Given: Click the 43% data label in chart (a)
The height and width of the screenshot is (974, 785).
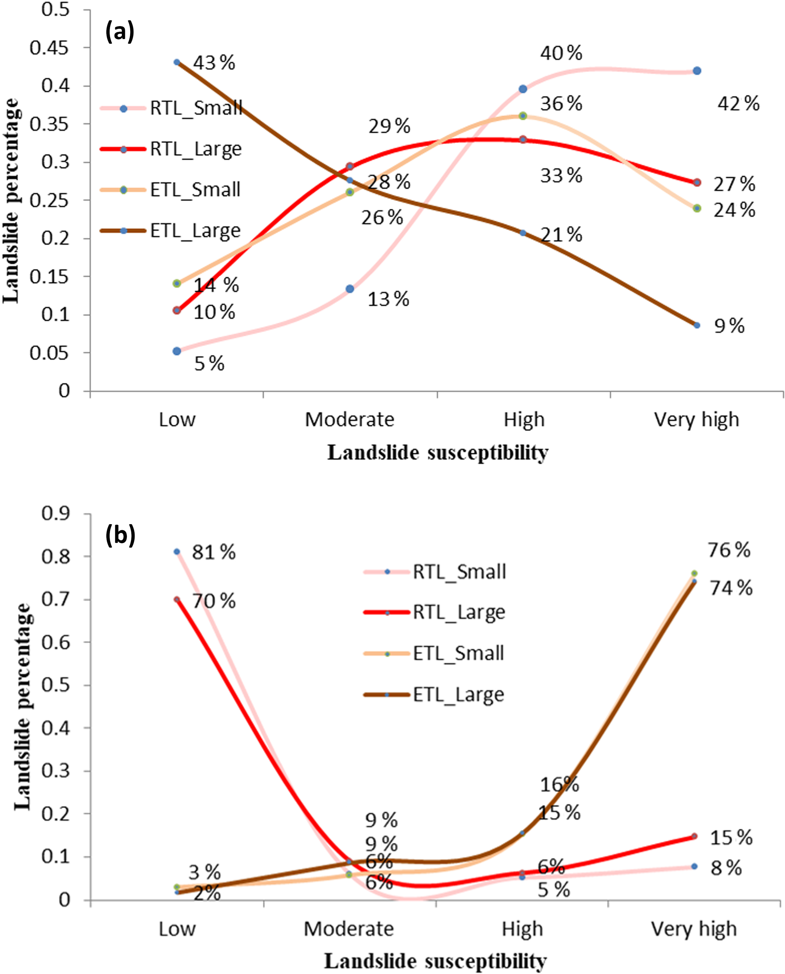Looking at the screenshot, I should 214,63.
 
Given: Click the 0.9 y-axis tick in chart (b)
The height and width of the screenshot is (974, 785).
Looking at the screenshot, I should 55,514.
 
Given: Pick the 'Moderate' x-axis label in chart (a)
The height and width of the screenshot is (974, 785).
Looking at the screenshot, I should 349,419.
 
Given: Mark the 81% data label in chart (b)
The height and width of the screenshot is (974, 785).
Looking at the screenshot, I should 214,552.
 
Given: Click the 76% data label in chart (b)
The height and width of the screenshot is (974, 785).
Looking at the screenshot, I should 729,550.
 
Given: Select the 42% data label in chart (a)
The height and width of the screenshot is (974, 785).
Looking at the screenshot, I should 738,104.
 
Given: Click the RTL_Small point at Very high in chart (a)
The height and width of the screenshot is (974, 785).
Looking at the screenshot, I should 697,71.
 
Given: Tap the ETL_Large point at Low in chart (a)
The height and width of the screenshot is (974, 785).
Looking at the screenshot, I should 177,62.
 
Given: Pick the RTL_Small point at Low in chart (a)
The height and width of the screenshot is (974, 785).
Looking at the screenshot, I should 177,351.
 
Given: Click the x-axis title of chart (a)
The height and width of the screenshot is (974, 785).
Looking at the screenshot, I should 438,452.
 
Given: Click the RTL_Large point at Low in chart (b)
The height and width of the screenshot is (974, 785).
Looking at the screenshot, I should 177,600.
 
